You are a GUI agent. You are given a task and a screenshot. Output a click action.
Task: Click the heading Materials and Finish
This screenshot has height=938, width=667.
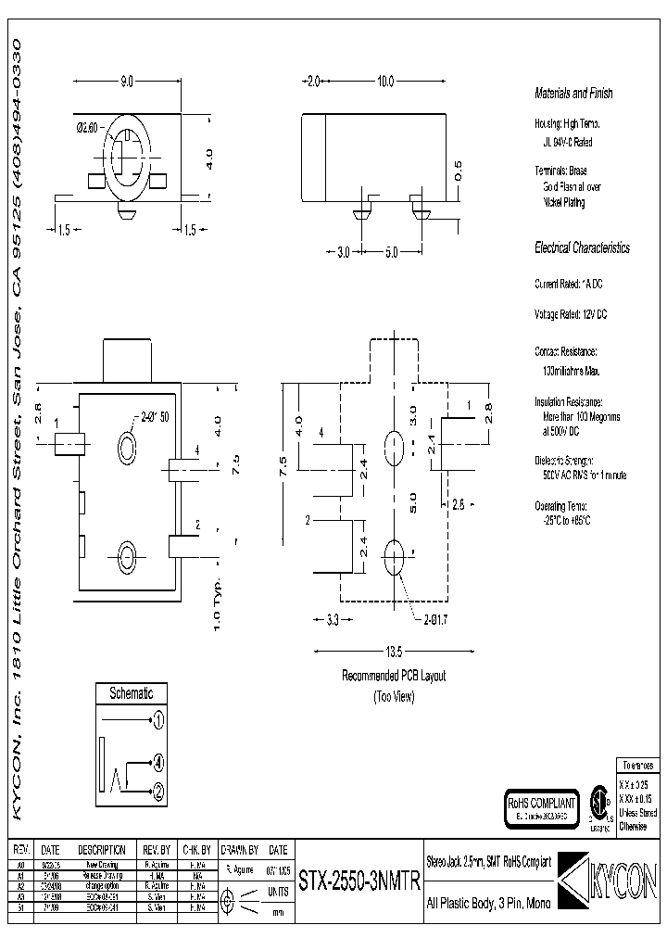pos(573,94)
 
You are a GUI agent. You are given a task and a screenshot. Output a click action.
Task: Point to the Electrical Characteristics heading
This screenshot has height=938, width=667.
pos(582,248)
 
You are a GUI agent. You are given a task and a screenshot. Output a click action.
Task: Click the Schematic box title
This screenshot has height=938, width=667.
pos(131,693)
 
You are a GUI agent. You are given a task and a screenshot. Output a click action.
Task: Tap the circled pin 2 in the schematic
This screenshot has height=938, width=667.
pos(158,791)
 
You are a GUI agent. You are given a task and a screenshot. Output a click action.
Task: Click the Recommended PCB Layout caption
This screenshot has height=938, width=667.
pos(394,676)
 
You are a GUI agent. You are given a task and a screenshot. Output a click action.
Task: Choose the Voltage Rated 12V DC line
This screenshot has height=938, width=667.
pos(571,314)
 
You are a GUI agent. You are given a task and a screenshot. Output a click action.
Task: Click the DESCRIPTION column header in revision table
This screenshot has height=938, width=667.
pos(101,849)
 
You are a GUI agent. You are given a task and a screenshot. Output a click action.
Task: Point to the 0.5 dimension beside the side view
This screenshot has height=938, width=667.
pos(457,170)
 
